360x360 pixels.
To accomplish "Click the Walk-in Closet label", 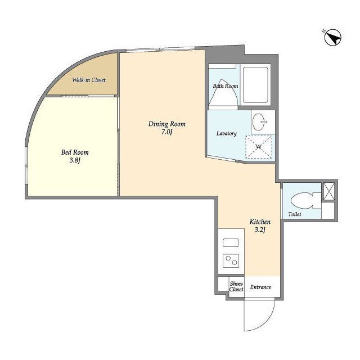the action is coord(89,80).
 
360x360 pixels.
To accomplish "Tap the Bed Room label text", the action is coord(75,152).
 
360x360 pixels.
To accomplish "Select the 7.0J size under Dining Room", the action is coord(167,132).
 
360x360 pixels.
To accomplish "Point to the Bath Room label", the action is coord(225,86).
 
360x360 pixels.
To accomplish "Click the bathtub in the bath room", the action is coord(255,85).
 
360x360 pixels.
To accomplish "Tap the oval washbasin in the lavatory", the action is coord(260,122).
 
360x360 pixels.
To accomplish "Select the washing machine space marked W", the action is coord(259,147).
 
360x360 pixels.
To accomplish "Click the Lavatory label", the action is coord(226,133).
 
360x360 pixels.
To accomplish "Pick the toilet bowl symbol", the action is coord(305,201).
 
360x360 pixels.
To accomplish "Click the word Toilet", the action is coord(295,214).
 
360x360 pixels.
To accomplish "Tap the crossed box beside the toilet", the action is coord(328,191).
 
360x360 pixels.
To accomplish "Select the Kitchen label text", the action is coord(260,222).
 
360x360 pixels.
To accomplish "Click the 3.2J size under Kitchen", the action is coord(260,230).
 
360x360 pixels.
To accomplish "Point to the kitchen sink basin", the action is coord(231,242).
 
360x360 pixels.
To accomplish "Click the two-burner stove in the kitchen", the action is coord(231,260).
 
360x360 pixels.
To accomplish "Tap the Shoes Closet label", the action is coord(236,286).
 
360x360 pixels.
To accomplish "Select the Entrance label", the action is coord(260,287).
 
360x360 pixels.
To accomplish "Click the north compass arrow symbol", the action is coord(333,38).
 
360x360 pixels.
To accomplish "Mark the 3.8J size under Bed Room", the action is coord(75,160).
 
